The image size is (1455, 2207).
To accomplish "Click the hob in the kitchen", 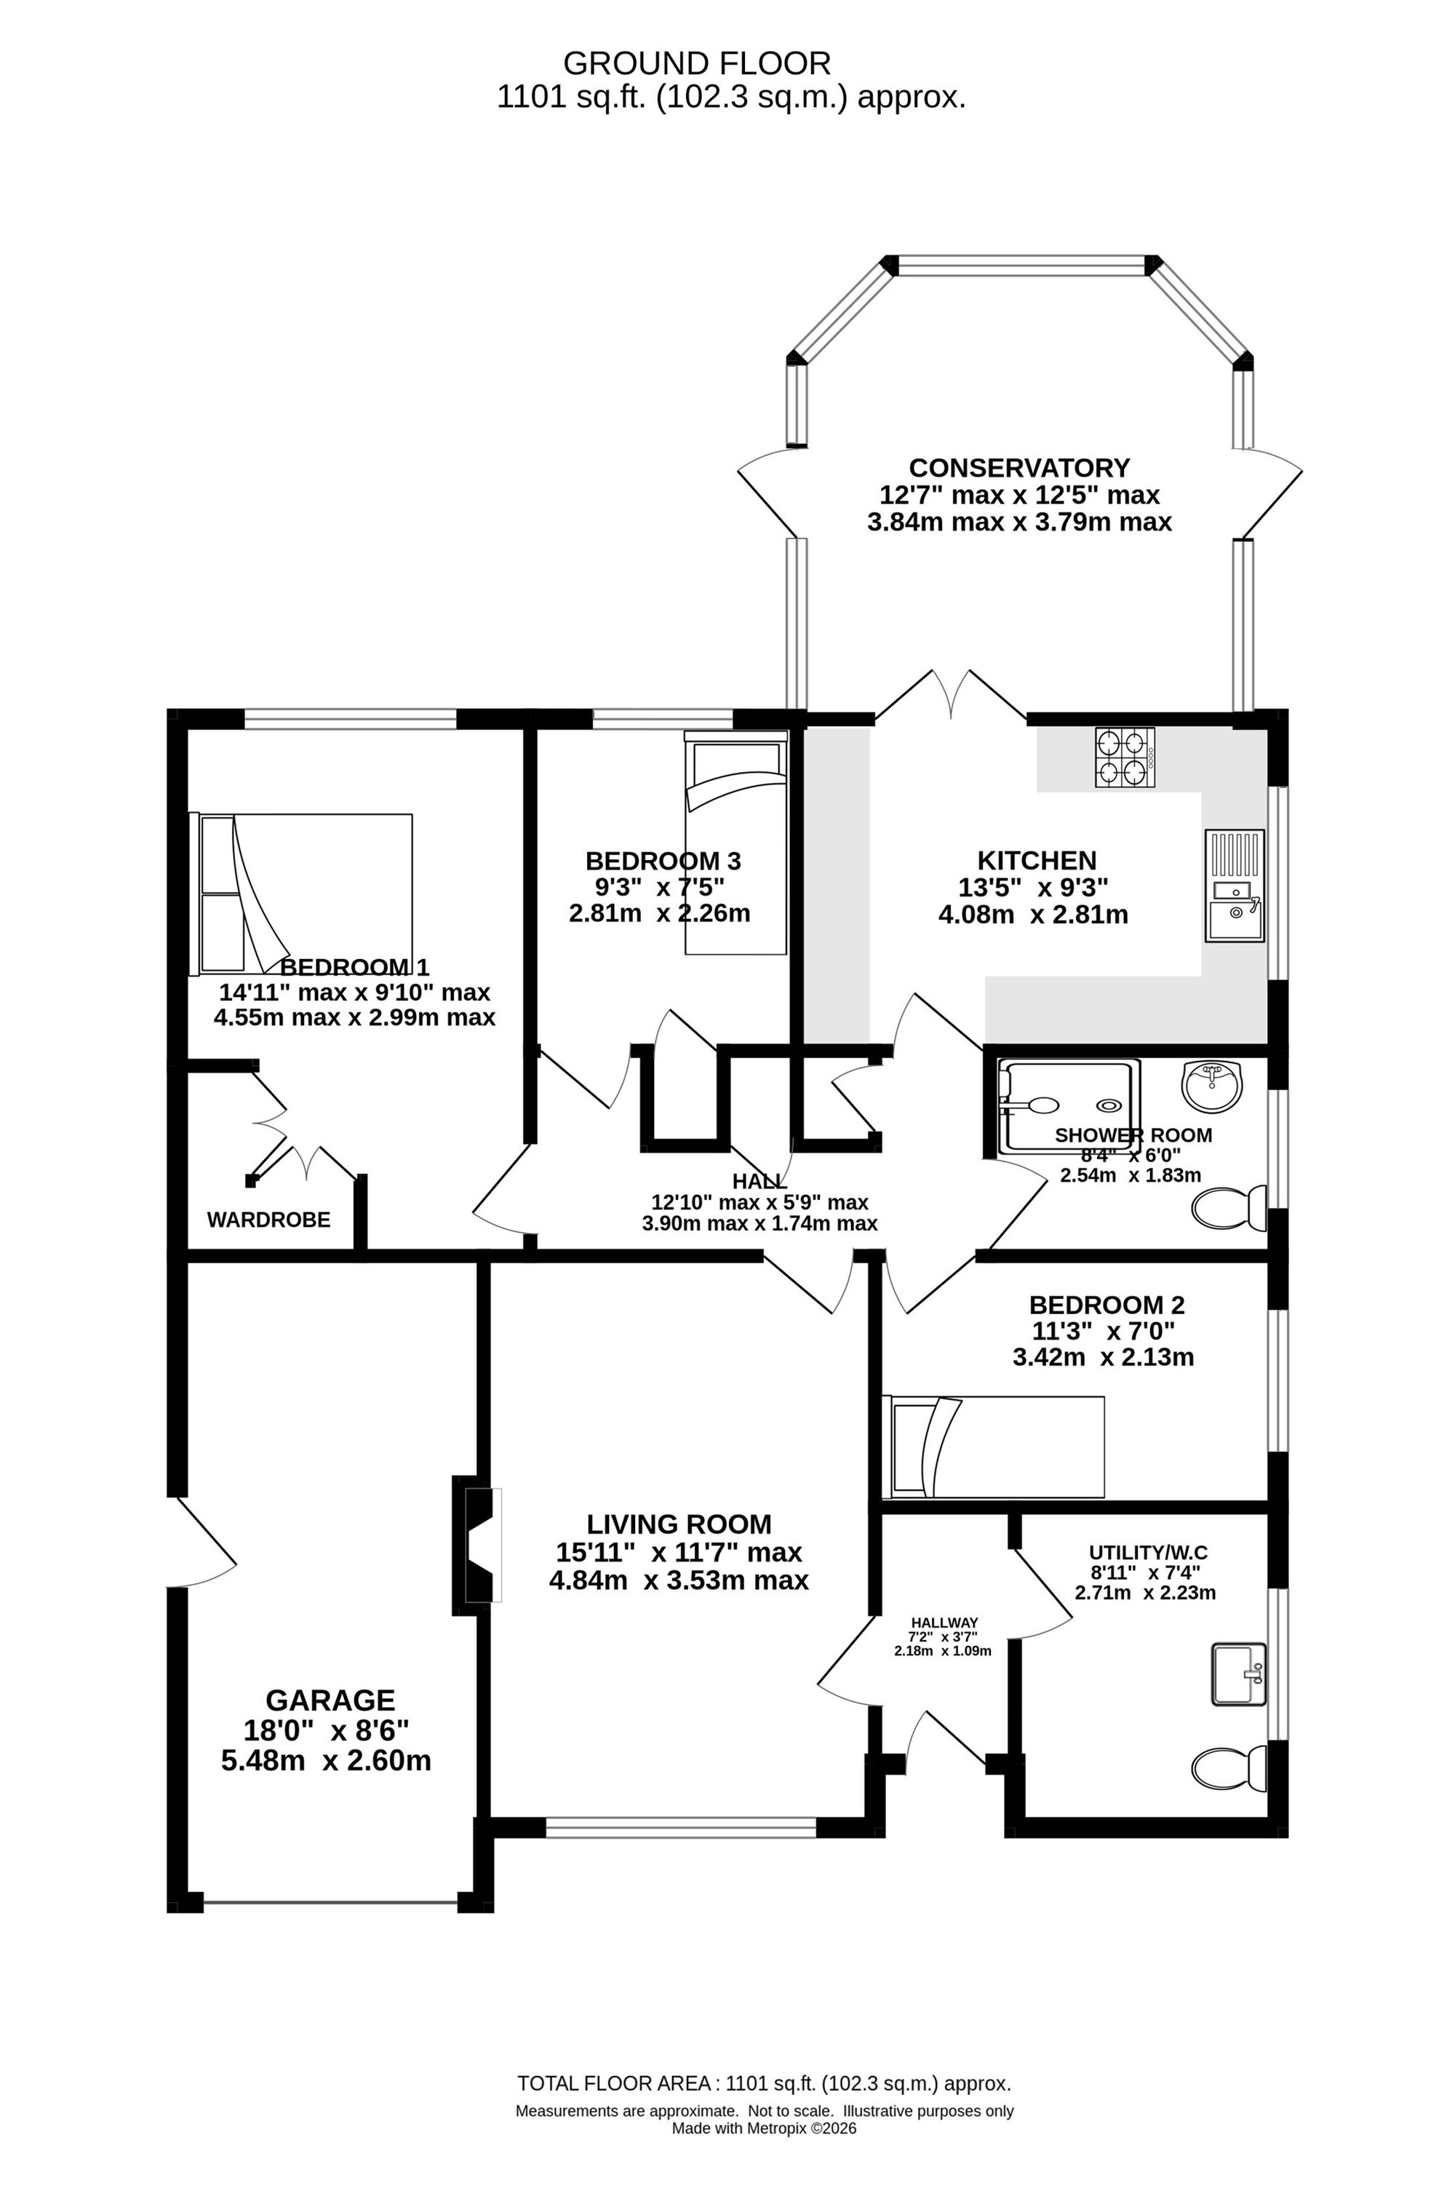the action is pyautogui.click(x=1125, y=758).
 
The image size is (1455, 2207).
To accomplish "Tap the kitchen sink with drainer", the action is pyautogui.click(x=1234, y=886).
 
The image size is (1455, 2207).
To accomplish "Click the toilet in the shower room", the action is pyautogui.click(x=1230, y=1209).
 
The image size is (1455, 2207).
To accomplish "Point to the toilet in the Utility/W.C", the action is pyautogui.click(x=1230, y=1769).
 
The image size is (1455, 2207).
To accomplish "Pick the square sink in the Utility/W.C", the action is pyautogui.click(x=1239, y=1674).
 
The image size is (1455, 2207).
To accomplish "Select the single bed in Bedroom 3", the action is pyautogui.click(x=736, y=842).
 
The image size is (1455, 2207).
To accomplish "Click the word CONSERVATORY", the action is pyautogui.click(x=1019, y=467).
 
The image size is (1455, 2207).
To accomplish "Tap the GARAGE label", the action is pyautogui.click(x=330, y=1701).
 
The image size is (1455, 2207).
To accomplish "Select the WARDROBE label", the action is pyautogui.click(x=268, y=1220).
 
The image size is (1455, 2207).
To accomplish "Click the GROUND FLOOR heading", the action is pyautogui.click(x=697, y=63).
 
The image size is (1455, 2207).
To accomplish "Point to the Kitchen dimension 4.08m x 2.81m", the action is pyautogui.click(x=1034, y=915).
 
